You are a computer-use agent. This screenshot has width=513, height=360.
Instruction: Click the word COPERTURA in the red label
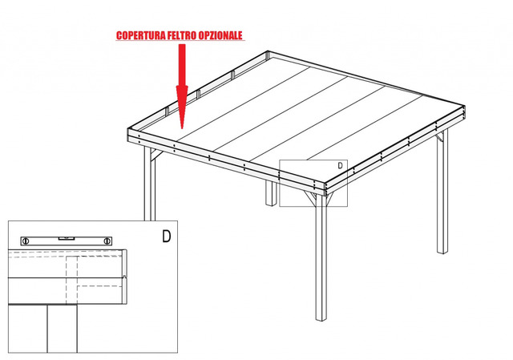click(x=141, y=35)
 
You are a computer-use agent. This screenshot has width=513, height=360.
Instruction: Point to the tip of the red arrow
click(x=182, y=128)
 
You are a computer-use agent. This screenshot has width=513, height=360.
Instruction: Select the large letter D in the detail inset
click(x=167, y=236)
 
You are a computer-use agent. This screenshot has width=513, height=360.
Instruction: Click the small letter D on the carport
click(x=340, y=166)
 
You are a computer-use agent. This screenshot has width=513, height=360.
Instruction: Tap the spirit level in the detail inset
click(x=67, y=241)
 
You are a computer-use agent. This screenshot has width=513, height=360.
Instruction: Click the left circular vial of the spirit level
click(x=26, y=241)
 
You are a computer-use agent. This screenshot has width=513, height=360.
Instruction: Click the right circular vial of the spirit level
click(x=107, y=241)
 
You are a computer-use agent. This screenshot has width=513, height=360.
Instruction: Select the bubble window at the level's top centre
click(x=67, y=238)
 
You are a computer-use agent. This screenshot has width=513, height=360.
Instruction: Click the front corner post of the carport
click(x=321, y=258)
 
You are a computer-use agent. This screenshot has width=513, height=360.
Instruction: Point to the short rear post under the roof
click(x=271, y=193)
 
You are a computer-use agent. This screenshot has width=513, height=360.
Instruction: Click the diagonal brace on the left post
click(x=156, y=155)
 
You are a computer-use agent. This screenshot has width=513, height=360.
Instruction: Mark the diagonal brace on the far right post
click(x=439, y=138)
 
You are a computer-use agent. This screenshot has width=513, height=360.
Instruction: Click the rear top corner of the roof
click(x=268, y=51)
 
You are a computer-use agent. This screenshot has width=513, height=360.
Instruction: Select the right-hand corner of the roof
click(x=465, y=107)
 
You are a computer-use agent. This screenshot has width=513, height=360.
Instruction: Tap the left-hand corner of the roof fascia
click(x=128, y=130)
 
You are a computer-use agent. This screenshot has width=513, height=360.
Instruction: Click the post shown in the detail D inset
click(x=63, y=329)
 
